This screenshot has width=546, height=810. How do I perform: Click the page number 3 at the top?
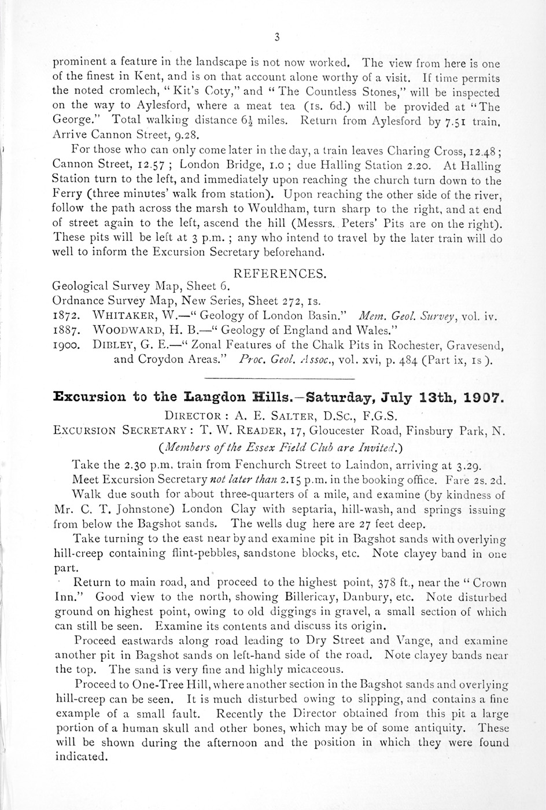[x=277, y=38]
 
